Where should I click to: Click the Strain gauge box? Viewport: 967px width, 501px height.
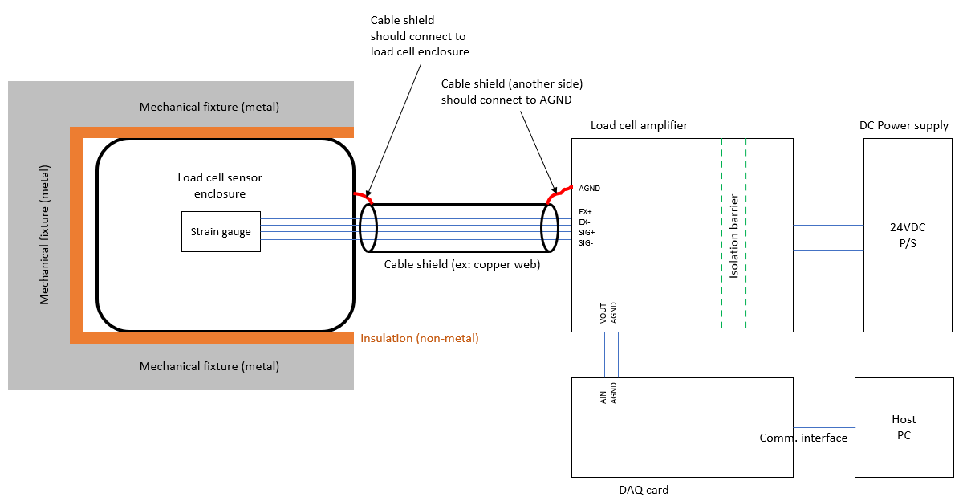(221, 232)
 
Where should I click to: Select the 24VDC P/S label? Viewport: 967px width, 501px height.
(908, 234)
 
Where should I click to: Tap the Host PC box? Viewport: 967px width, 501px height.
(904, 427)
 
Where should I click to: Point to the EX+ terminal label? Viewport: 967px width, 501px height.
(585, 212)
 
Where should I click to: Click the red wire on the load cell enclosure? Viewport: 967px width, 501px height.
(362, 195)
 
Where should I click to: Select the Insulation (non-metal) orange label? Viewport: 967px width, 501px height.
(419, 338)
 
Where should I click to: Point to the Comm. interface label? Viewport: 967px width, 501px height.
(803, 438)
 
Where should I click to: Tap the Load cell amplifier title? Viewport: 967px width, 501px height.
(639, 125)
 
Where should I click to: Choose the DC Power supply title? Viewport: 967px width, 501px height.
(904, 125)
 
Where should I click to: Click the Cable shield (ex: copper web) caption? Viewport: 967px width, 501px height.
(461, 263)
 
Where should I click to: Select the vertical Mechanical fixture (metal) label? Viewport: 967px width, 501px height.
(45, 234)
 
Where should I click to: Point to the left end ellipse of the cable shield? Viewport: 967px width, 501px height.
(368, 228)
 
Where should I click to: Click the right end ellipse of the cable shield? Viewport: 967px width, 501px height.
(550, 228)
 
